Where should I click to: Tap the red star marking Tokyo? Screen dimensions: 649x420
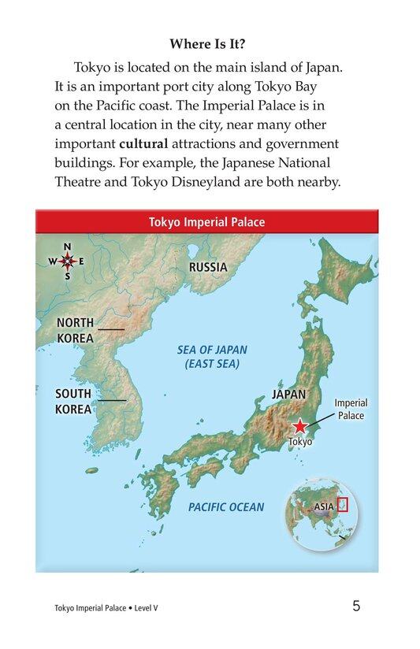click(300, 426)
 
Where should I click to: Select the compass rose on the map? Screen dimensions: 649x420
click(67, 261)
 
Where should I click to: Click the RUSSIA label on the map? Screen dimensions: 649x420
click(208, 268)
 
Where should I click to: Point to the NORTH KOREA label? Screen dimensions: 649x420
click(75, 331)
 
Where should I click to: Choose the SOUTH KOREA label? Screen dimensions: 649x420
click(73, 402)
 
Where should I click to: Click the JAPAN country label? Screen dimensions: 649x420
click(288, 395)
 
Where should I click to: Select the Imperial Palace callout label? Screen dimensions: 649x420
click(351, 409)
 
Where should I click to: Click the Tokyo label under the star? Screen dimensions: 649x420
click(301, 442)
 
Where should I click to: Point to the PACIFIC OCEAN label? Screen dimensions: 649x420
click(226, 507)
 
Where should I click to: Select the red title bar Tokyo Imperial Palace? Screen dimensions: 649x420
click(207, 222)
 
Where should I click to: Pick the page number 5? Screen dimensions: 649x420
click(357, 606)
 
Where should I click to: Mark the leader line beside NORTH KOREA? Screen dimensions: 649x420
click(111, 328)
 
